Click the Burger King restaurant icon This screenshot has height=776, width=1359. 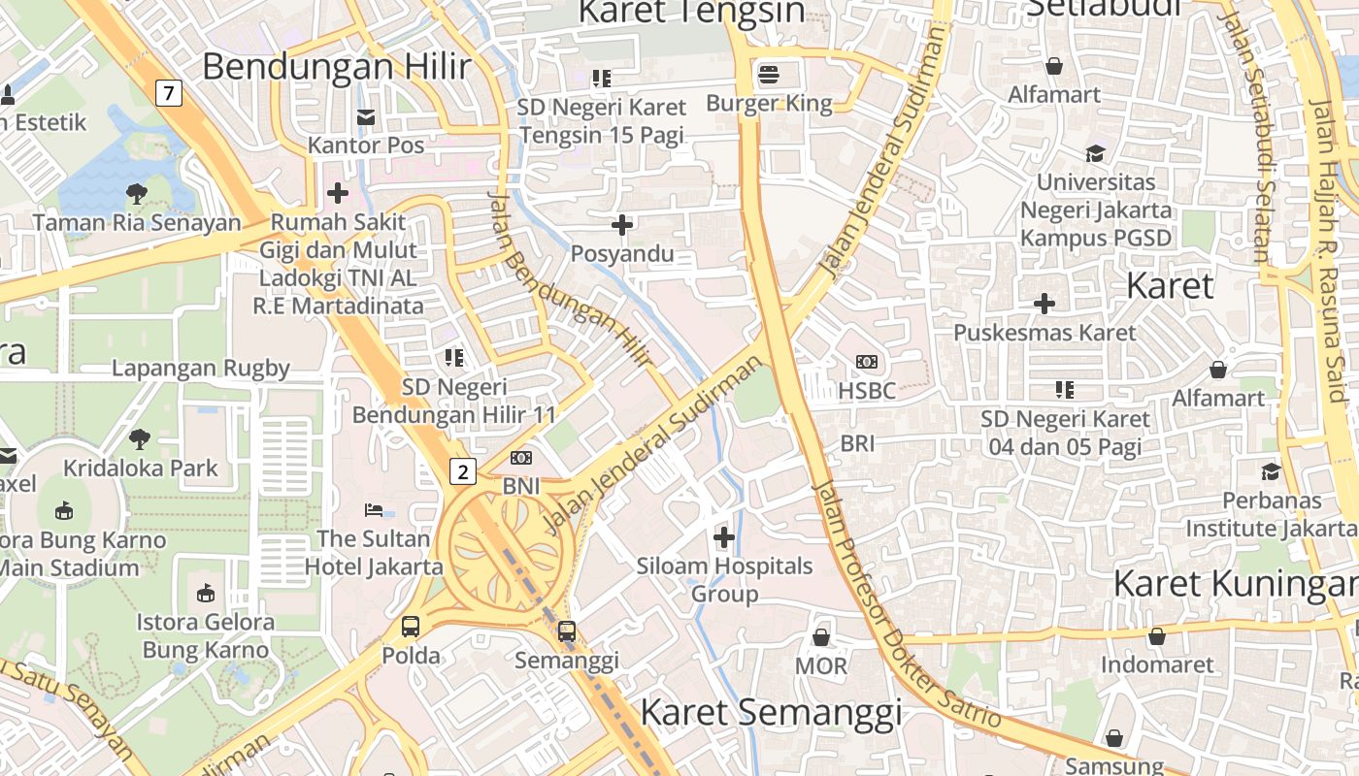769,75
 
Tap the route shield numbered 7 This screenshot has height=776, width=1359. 169,93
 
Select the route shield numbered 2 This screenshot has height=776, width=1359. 464,472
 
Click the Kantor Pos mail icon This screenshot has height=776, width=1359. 366,117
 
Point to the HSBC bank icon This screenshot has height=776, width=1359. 867,362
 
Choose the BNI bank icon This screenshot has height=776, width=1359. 521,458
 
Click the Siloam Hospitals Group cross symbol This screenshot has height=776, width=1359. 724,536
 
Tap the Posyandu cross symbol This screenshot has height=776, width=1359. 622,225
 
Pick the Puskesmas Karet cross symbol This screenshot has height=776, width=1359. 1044,304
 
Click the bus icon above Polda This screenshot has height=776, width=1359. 411,627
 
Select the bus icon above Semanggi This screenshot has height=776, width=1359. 567,631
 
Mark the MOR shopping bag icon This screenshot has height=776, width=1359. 821,637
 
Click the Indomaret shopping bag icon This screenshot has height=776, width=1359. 1156,636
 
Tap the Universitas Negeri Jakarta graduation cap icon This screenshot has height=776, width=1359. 1095,153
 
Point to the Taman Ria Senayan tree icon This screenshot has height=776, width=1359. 137,193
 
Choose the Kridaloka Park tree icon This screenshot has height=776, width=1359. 140,438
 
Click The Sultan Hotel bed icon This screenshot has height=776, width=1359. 374,509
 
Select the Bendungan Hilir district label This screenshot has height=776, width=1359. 336,67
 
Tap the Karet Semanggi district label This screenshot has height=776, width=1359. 771,713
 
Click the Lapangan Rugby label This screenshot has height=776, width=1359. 201,369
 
